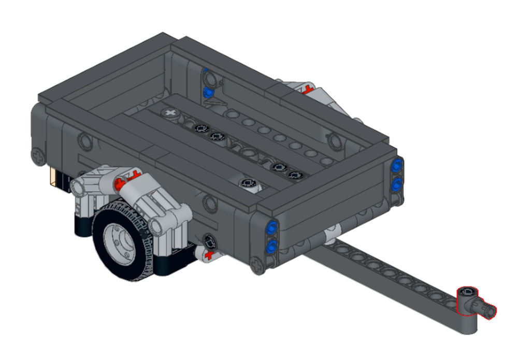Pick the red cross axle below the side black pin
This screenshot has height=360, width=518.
click(x=209, y=255)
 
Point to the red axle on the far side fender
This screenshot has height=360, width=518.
click(x=309, y=89)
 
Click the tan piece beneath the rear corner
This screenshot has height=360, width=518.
click(x=53, y=178)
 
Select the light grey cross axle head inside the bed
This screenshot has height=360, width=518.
click(x=169, y=112)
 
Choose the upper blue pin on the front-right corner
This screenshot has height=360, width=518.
click(x=397, y=166)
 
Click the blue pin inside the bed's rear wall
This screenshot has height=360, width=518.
click(x=208, y=93)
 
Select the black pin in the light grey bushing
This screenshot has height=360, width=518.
click(x=248, y=183)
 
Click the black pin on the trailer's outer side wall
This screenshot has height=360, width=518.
click(x=209, y=241)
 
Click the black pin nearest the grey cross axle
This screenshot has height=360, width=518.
click(x=199, y=127)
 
